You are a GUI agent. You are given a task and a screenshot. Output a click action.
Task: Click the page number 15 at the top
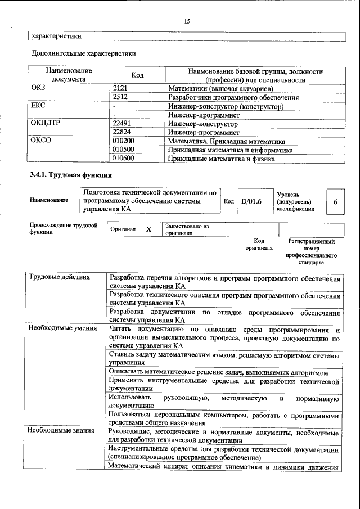(x=187, y=21)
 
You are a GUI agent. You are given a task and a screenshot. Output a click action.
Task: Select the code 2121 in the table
(x=121, y=88)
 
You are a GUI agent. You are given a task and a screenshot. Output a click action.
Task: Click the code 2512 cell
(x=121, y=97)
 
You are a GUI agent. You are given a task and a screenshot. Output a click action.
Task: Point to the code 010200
(x=124, y=141)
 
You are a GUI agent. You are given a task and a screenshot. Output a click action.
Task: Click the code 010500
(x=124, y=150)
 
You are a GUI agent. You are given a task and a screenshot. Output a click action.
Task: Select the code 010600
(x=124, y=159)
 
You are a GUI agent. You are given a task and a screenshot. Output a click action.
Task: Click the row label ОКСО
(x=40, y=141)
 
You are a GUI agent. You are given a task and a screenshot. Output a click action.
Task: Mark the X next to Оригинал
(x=148, y=229)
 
